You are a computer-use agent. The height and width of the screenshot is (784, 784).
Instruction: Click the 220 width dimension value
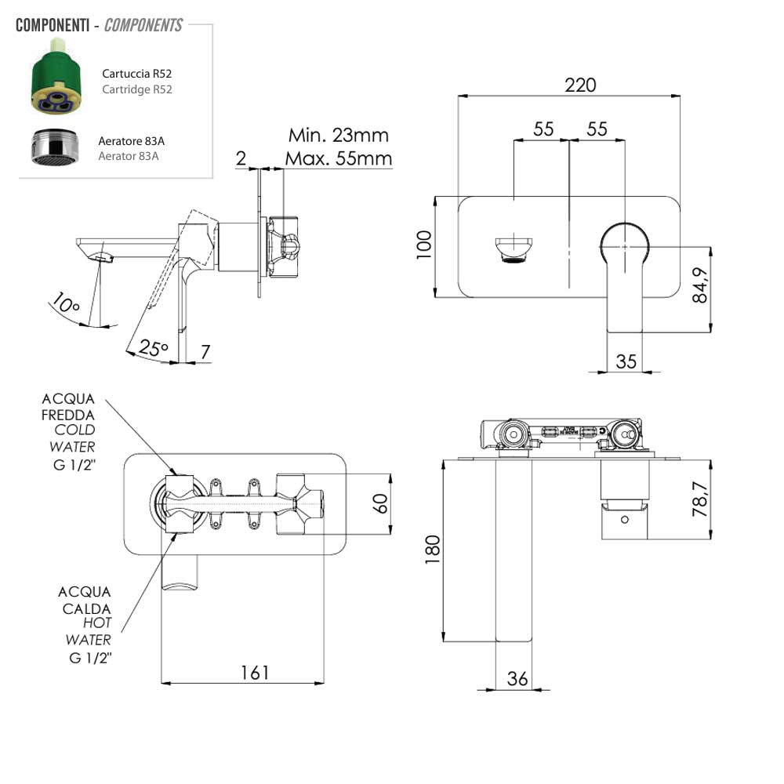click(x=581, y=85)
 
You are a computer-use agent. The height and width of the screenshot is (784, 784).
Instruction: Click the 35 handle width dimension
click(x=626, y=361)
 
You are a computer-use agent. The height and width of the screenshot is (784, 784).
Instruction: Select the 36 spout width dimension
click(x=517, y=679)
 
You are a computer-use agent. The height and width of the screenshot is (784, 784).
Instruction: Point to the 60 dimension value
click(x=381, y=503)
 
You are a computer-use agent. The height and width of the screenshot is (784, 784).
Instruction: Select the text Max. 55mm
click(x=338, y=158)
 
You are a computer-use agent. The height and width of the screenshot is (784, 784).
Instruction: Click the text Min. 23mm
click(x=338, y=135)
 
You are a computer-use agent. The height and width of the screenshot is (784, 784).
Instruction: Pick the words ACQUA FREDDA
click(x=69, y=406)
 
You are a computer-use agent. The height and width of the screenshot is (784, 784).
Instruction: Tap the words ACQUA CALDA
click(x=84, y=600)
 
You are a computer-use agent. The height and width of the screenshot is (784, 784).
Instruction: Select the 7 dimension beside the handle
click(x=205, y=353)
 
